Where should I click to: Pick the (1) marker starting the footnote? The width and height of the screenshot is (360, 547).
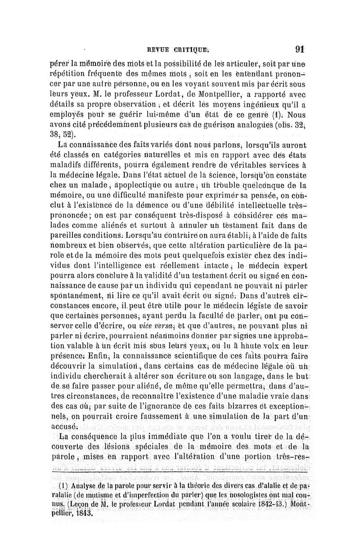pyautogui.click(x=63, y=488)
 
